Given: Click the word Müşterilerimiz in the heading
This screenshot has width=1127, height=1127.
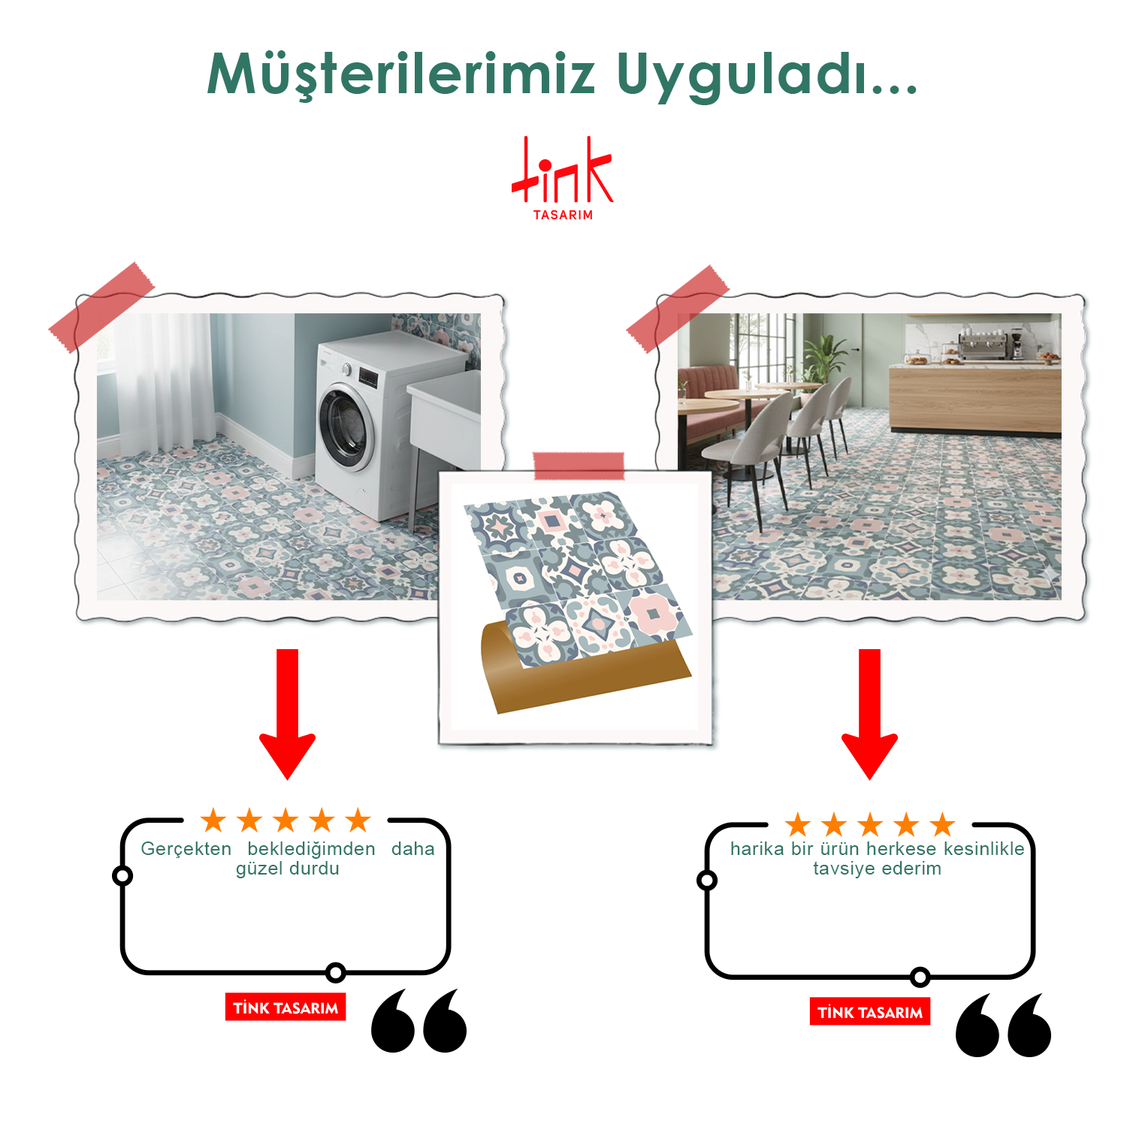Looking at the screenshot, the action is [x=401, y=75].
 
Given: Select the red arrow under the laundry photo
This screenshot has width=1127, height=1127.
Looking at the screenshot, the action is [x=288, y=714].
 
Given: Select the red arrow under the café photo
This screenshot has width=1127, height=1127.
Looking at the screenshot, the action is [x=869, y=714].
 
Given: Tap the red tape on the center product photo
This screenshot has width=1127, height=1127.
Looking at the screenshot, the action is [x=579, y=466].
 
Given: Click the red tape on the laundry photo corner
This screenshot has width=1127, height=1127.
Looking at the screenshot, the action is [x=101, y=307].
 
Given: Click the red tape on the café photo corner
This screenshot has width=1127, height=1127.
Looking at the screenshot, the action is [x=678, y=309].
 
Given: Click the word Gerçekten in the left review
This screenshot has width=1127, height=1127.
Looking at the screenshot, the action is [x=186, y=849].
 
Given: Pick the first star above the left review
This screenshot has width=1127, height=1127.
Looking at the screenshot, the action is [x=214, y=820].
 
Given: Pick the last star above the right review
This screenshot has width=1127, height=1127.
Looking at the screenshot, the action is [x=942, y=824].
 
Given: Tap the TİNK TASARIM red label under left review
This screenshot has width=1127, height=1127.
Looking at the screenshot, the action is [x=286, y=1008].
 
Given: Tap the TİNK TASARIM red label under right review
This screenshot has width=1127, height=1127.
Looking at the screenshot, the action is [x=870, y=1012].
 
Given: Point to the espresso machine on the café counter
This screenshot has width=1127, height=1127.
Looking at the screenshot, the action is [x=983, y=347].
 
